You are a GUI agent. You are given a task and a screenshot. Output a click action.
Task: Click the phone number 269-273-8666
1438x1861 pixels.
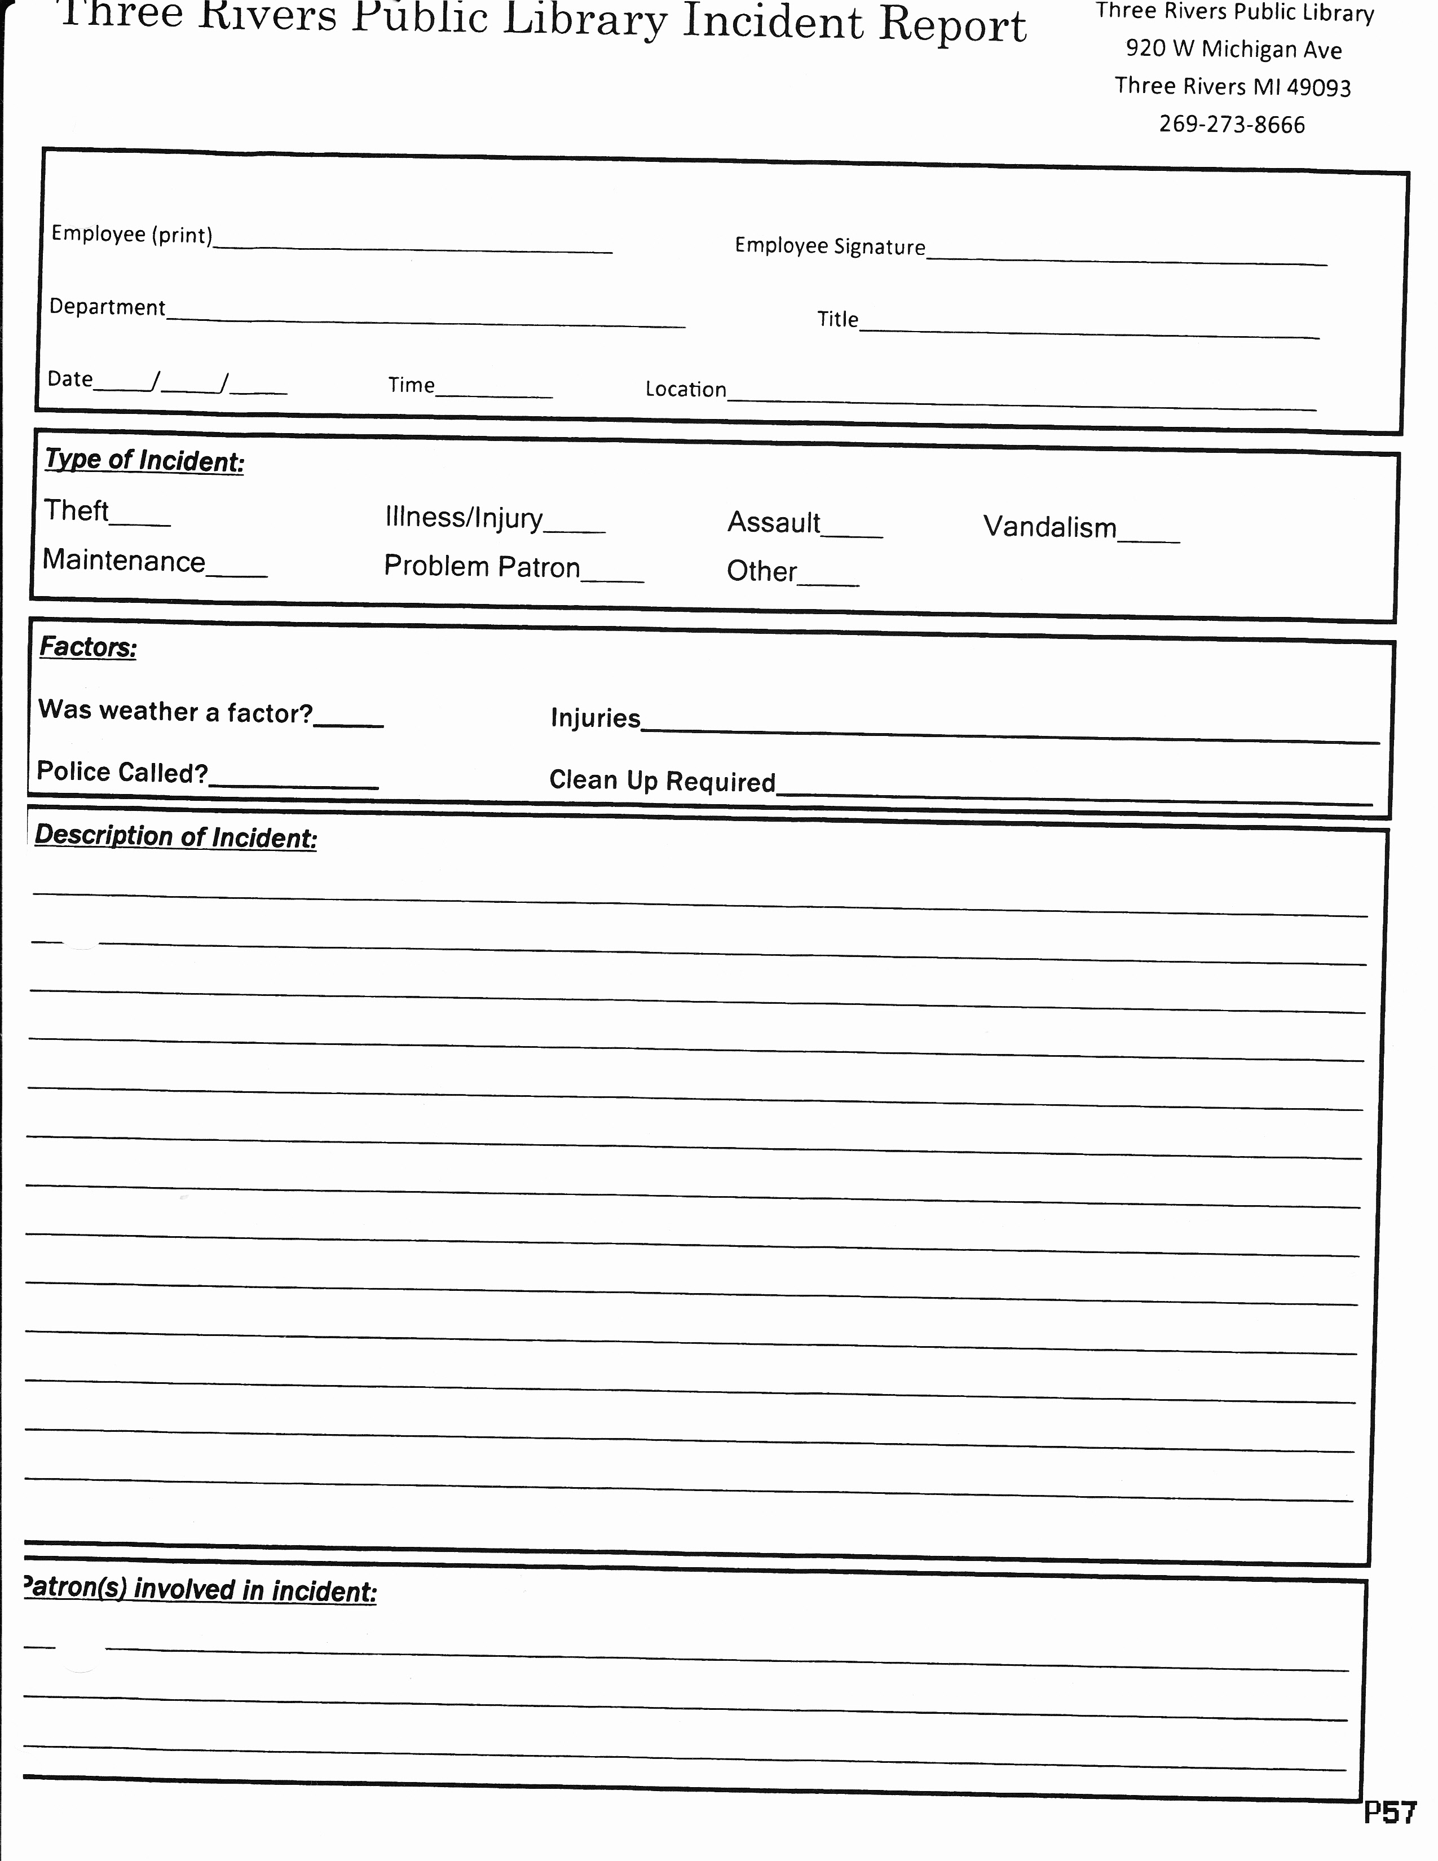pyautogui.click(x=1232, y=125)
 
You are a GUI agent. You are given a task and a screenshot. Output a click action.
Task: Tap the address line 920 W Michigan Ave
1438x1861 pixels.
pyautogui.click(x=1233, y=50)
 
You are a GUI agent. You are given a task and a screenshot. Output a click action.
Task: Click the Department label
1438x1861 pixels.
pyautogui.click(x=107, y=307)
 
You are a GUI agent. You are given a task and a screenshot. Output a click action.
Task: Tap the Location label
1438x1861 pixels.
pyautogui.click(x=686, y=390)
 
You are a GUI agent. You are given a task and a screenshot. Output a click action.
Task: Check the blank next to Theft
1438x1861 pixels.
pyautogui.click(x=140, y=517)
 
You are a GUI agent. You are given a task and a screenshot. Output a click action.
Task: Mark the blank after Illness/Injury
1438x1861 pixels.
pyautogui.click(x=574, y=523)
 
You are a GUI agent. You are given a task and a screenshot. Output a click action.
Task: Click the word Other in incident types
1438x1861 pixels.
pyautogui.click(x=762, y=571)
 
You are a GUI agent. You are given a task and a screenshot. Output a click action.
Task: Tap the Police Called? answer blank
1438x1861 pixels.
pyautogui.click(x=294, y=779)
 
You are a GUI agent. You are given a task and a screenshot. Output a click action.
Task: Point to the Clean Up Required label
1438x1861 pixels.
pyautogui.click(x=662, y=780)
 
